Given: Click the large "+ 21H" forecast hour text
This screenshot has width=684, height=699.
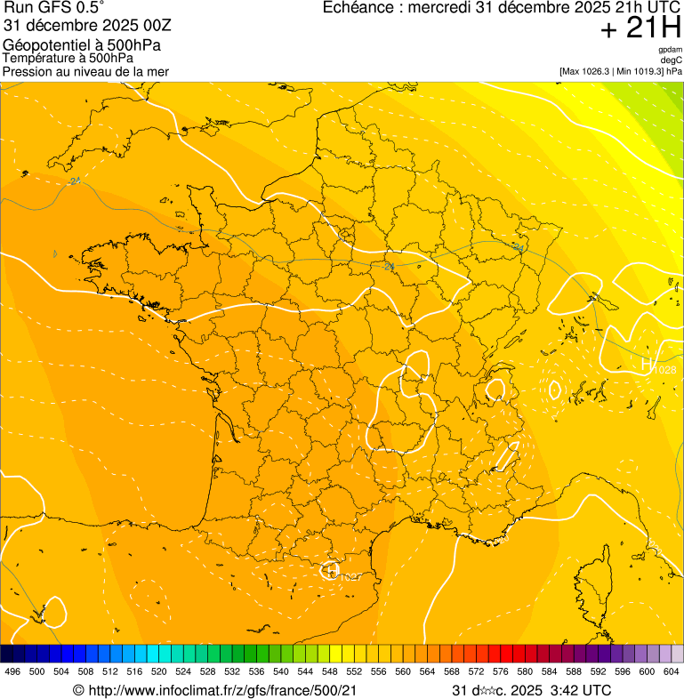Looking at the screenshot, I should (x=640, y=28).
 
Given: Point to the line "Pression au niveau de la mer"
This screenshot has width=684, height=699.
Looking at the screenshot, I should (x=85, y=71).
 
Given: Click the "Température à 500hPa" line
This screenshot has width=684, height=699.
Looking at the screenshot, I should (x=68, y=59).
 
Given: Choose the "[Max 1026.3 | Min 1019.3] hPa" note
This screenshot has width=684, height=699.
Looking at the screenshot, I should (x=620, y=70).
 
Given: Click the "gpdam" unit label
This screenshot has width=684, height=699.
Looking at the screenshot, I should (x=670, y=50).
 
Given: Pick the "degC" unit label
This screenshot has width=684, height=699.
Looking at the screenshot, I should (x=672, y=60).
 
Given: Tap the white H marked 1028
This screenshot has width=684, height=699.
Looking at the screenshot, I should (x=648, y=363).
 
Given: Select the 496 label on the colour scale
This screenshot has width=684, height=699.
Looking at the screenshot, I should (x=12, y=671).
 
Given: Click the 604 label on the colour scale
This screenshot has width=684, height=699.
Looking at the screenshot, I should (x=672, y=671).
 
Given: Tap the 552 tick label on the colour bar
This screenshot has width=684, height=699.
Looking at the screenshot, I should (x=354, y=671).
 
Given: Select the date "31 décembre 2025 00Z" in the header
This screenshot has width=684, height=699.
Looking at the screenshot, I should (x=93, y=26).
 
